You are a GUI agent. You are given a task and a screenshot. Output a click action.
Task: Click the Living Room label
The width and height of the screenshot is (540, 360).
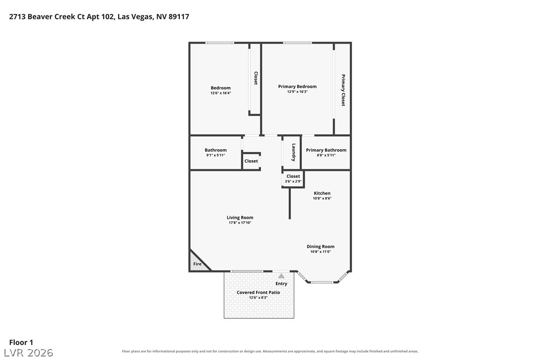(x=240, y=217)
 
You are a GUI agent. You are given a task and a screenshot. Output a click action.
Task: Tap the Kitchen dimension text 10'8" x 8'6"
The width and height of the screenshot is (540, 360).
(x=322, y=198)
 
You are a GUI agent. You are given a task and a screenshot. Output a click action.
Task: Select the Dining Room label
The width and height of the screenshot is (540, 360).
(x=321, y=246)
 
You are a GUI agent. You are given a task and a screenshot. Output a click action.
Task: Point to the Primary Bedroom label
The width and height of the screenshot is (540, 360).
(x=297, y=87)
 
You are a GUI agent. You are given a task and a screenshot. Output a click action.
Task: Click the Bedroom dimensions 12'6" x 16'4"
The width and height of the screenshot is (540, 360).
(x=221, y=92)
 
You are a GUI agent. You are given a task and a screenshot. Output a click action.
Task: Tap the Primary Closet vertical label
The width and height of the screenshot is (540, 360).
(x=343, y=90)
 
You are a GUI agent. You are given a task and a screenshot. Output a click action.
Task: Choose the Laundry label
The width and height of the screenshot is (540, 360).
(x=294, y=152)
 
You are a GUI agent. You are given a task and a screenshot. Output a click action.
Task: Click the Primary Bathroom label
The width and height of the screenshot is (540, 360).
(x=326, y=150)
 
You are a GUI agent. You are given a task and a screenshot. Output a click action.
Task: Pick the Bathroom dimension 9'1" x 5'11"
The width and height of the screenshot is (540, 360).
(x=216, y=155)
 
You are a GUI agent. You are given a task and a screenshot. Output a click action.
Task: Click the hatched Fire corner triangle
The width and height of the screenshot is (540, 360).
(x=196, y=263)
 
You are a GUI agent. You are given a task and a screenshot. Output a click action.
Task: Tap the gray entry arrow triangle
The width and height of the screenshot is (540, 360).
(x=281, y=276)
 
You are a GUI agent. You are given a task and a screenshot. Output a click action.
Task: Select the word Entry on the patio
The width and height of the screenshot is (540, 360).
(x=281, y=283)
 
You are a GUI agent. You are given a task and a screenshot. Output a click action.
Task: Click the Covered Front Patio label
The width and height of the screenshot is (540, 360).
(x=258, y=292)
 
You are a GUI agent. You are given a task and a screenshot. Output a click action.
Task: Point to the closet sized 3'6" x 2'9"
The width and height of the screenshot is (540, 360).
(x=293, y=179)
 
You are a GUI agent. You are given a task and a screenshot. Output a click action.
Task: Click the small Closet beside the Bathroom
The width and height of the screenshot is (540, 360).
(x=251, y=161)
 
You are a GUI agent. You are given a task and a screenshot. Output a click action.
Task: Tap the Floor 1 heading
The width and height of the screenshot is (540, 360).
(x=21, y=343)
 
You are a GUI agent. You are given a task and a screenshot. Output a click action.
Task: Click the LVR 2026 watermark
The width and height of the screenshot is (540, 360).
(x=28, y=353)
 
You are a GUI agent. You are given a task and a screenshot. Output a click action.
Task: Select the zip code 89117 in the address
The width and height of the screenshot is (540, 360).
(x=179, y=16)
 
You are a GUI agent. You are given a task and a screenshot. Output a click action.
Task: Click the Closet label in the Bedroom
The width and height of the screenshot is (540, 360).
(x=256, y=78)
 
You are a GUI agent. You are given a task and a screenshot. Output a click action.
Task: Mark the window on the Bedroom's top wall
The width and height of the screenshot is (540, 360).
(x=220, y=43)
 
